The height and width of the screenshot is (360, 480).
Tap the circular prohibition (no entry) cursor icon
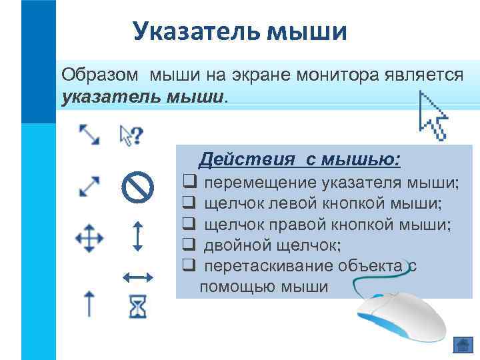point(138,187)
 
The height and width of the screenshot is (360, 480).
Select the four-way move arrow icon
point(89,238)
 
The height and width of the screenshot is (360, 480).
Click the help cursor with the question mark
point(131,135)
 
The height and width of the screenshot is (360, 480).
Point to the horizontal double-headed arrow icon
point(138,275)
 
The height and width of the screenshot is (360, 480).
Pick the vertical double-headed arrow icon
point(137,237)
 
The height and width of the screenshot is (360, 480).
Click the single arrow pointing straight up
point(89,303)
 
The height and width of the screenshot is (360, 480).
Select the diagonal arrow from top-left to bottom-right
point(89,135)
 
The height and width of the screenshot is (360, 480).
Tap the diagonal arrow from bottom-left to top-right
point(89,186)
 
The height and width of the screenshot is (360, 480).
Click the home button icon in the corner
point(462,345)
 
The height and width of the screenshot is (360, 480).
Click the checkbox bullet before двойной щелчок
point(189,246)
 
